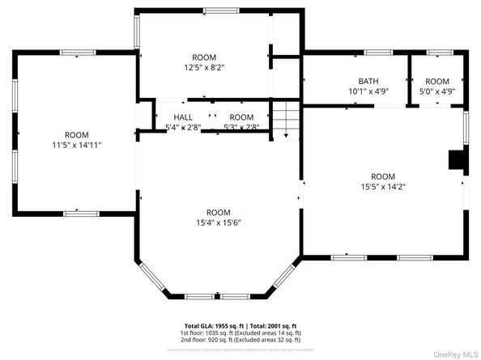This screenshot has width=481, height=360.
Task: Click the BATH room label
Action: point(368,81)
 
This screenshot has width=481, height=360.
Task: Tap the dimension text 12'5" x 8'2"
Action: point(204,68)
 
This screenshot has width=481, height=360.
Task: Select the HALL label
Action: point(183,117)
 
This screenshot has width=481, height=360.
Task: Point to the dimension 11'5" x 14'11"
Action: point(77,145)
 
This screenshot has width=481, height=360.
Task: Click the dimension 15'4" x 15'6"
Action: point(218,222)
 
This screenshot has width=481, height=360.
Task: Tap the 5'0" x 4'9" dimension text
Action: point(437,91)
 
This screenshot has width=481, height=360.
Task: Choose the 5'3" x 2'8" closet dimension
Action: point(240,127)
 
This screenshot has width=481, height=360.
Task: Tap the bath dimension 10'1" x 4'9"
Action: point(368,91)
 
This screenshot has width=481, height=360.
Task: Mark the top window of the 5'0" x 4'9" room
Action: point(438,53)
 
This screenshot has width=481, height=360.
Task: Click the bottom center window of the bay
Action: point(219,295)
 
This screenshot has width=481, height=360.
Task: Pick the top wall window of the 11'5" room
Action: point(77,53)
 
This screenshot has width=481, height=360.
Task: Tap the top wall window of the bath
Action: point(377,53)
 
